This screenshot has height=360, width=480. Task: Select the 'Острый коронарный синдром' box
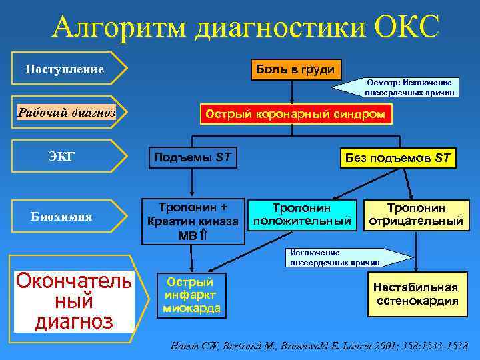point(295,114)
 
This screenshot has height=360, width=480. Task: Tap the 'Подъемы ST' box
point(193,158)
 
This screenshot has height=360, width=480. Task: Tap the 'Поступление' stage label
point(65,69)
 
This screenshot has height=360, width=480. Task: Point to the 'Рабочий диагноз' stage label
point(66,113)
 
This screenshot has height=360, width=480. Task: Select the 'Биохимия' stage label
point(62,217)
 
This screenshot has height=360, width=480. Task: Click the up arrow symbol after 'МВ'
point(203,234)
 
